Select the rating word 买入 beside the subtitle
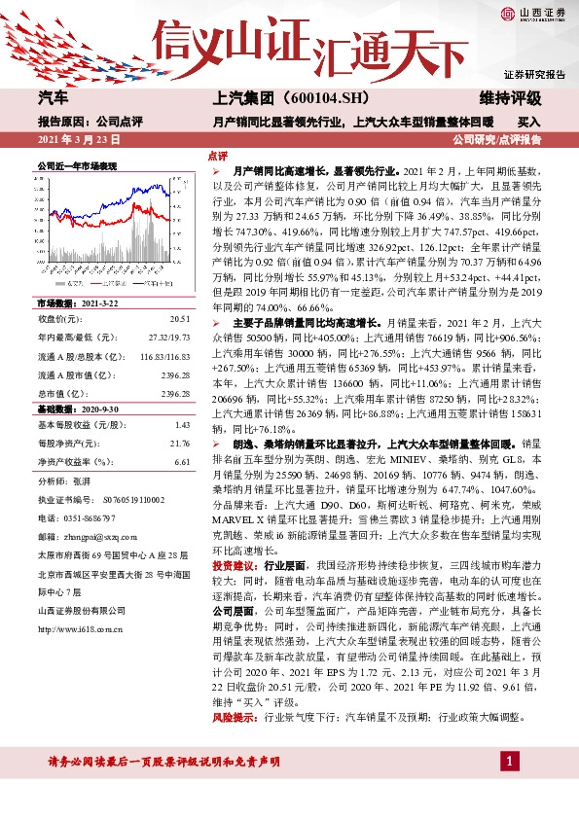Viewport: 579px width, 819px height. (529, 123)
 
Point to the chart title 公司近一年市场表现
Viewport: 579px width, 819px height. (77, 167)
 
